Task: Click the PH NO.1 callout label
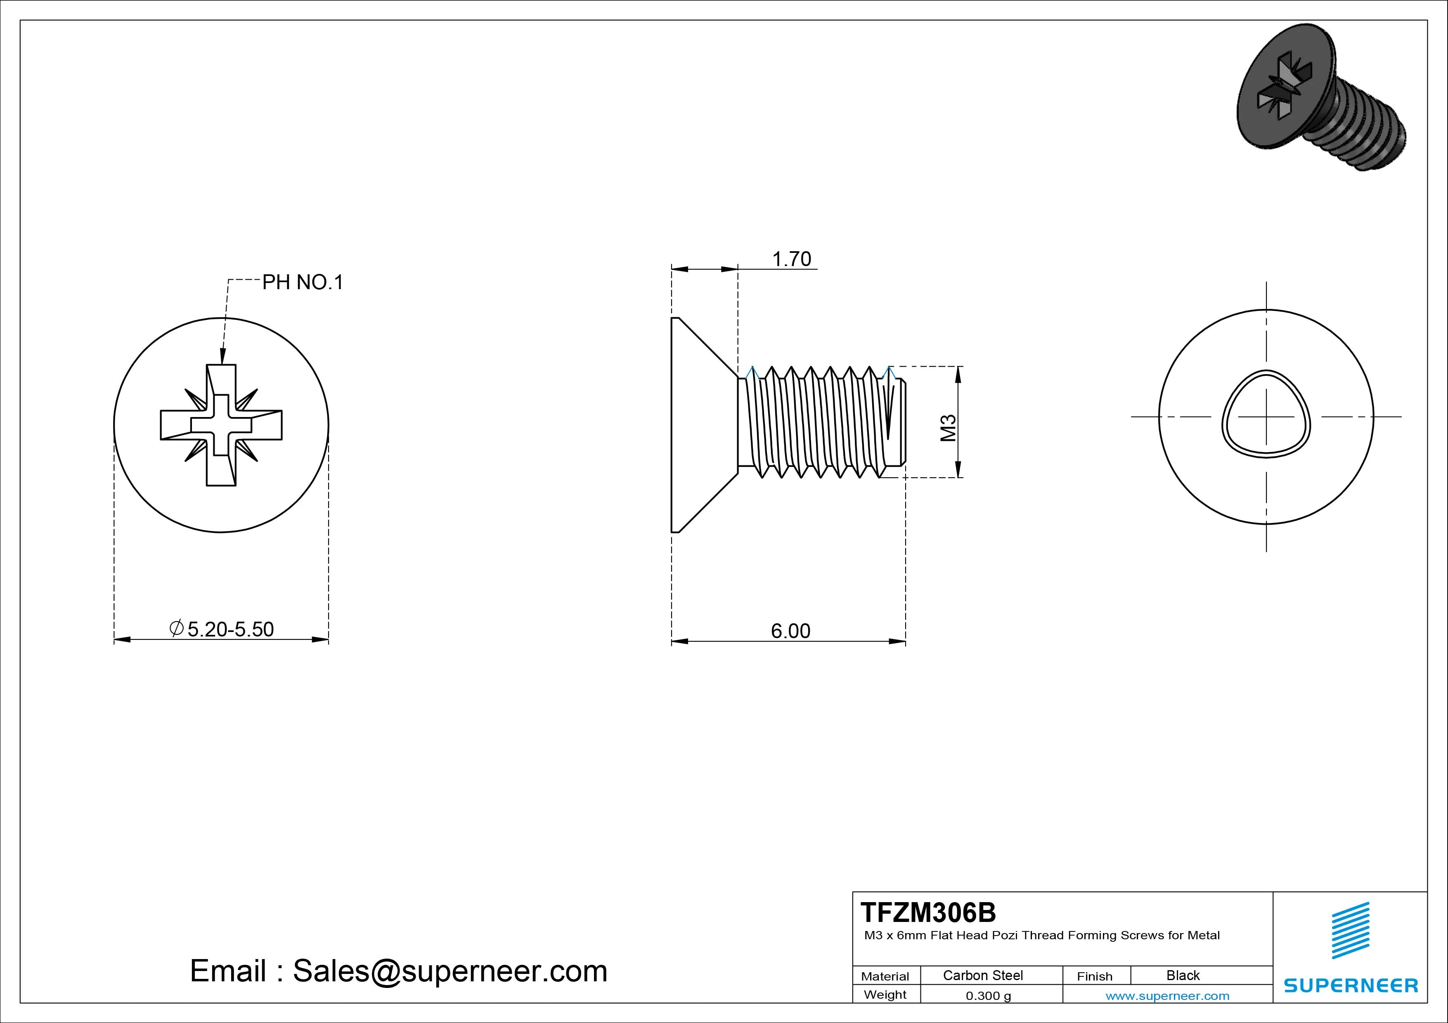[303, 283]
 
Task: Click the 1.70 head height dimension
[791, 259]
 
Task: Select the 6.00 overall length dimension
[790, 631]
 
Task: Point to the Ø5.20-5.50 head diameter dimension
[222, 629]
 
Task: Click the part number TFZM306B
[928, 912]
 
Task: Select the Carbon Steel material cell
[982, 975]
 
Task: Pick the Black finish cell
[1183, 975]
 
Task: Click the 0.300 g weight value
[988, 996]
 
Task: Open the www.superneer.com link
[1167, 996]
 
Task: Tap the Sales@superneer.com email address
[450, 971]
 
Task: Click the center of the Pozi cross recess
[221, 425]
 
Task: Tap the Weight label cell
[885, 995]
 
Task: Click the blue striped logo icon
[1350, 930]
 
